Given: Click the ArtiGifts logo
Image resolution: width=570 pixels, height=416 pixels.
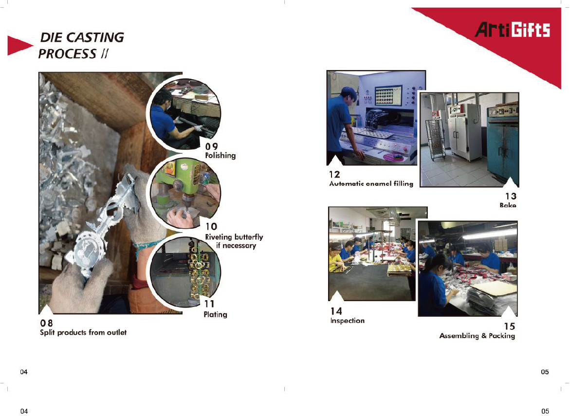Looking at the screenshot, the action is [512, 30].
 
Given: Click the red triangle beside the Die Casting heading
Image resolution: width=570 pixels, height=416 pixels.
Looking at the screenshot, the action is [19, 46].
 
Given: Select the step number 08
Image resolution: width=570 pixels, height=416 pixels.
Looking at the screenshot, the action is [47, 323].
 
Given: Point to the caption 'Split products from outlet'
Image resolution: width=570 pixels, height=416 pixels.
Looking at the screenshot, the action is [83, 332].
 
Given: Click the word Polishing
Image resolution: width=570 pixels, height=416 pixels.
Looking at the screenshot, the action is [221, 156].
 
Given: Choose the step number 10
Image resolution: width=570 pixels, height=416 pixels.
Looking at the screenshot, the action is [211, 226].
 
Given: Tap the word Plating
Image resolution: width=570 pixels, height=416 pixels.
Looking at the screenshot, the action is [215, 314].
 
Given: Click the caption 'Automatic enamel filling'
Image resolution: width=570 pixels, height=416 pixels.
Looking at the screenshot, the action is [371, 183].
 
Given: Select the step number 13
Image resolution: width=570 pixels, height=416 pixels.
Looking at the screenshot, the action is [511, 196].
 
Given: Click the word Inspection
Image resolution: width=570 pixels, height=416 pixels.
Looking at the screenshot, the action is [347, 321].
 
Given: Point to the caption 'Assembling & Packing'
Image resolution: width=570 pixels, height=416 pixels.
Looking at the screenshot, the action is [477, 336].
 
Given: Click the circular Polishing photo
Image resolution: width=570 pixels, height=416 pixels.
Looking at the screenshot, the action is [184, 114].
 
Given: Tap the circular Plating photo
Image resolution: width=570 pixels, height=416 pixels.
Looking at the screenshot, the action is [185, 272].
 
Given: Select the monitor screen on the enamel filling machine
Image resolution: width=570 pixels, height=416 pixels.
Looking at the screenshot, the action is [388, 95].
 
